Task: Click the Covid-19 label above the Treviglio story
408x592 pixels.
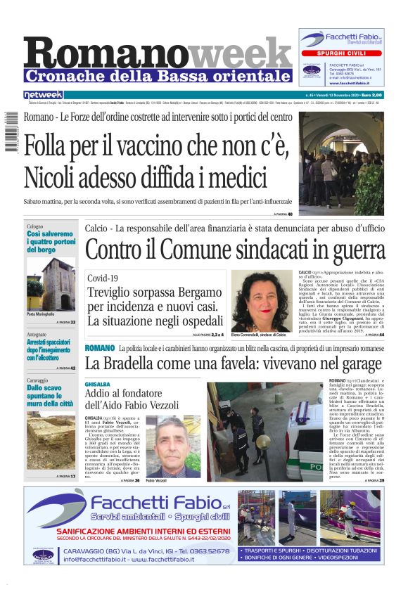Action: pyautogui.click(x=103, y=278)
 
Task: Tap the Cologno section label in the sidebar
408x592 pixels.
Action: pyautogui.click(x=35, y=226)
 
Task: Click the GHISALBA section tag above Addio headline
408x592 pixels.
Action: pyautogui.click(x=98, y=385)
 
